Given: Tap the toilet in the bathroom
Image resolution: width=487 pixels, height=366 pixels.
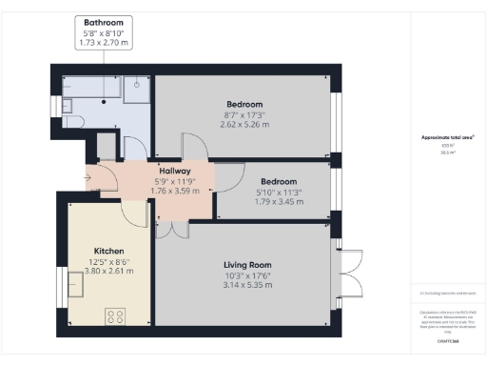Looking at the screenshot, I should pyautogui.click(x=77, y=120).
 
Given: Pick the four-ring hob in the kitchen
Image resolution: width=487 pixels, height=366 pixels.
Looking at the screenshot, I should pyautogui.click(x=118, y=316).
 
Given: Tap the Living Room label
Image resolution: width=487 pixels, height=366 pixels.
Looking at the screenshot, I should pyautogui.click(x=247, y=264).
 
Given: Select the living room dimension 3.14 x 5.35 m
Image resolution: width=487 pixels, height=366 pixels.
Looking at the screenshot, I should pyautogui.click(x=247, y=285).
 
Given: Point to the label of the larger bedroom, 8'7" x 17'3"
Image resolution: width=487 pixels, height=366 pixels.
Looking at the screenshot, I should pyautogui.click(x=244, y=104).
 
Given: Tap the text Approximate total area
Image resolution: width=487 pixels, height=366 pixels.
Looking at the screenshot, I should pyautogui.click(x=448, y=137).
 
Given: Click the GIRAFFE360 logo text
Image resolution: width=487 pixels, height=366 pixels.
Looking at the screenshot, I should pyautogui.click(x=448, y=338).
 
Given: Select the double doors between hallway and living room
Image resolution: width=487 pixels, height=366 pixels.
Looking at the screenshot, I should pyautogui.click(x=171, y=229).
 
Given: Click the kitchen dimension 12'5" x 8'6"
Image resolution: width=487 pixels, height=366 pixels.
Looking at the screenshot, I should pyautogui.click(x=105, y=260).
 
